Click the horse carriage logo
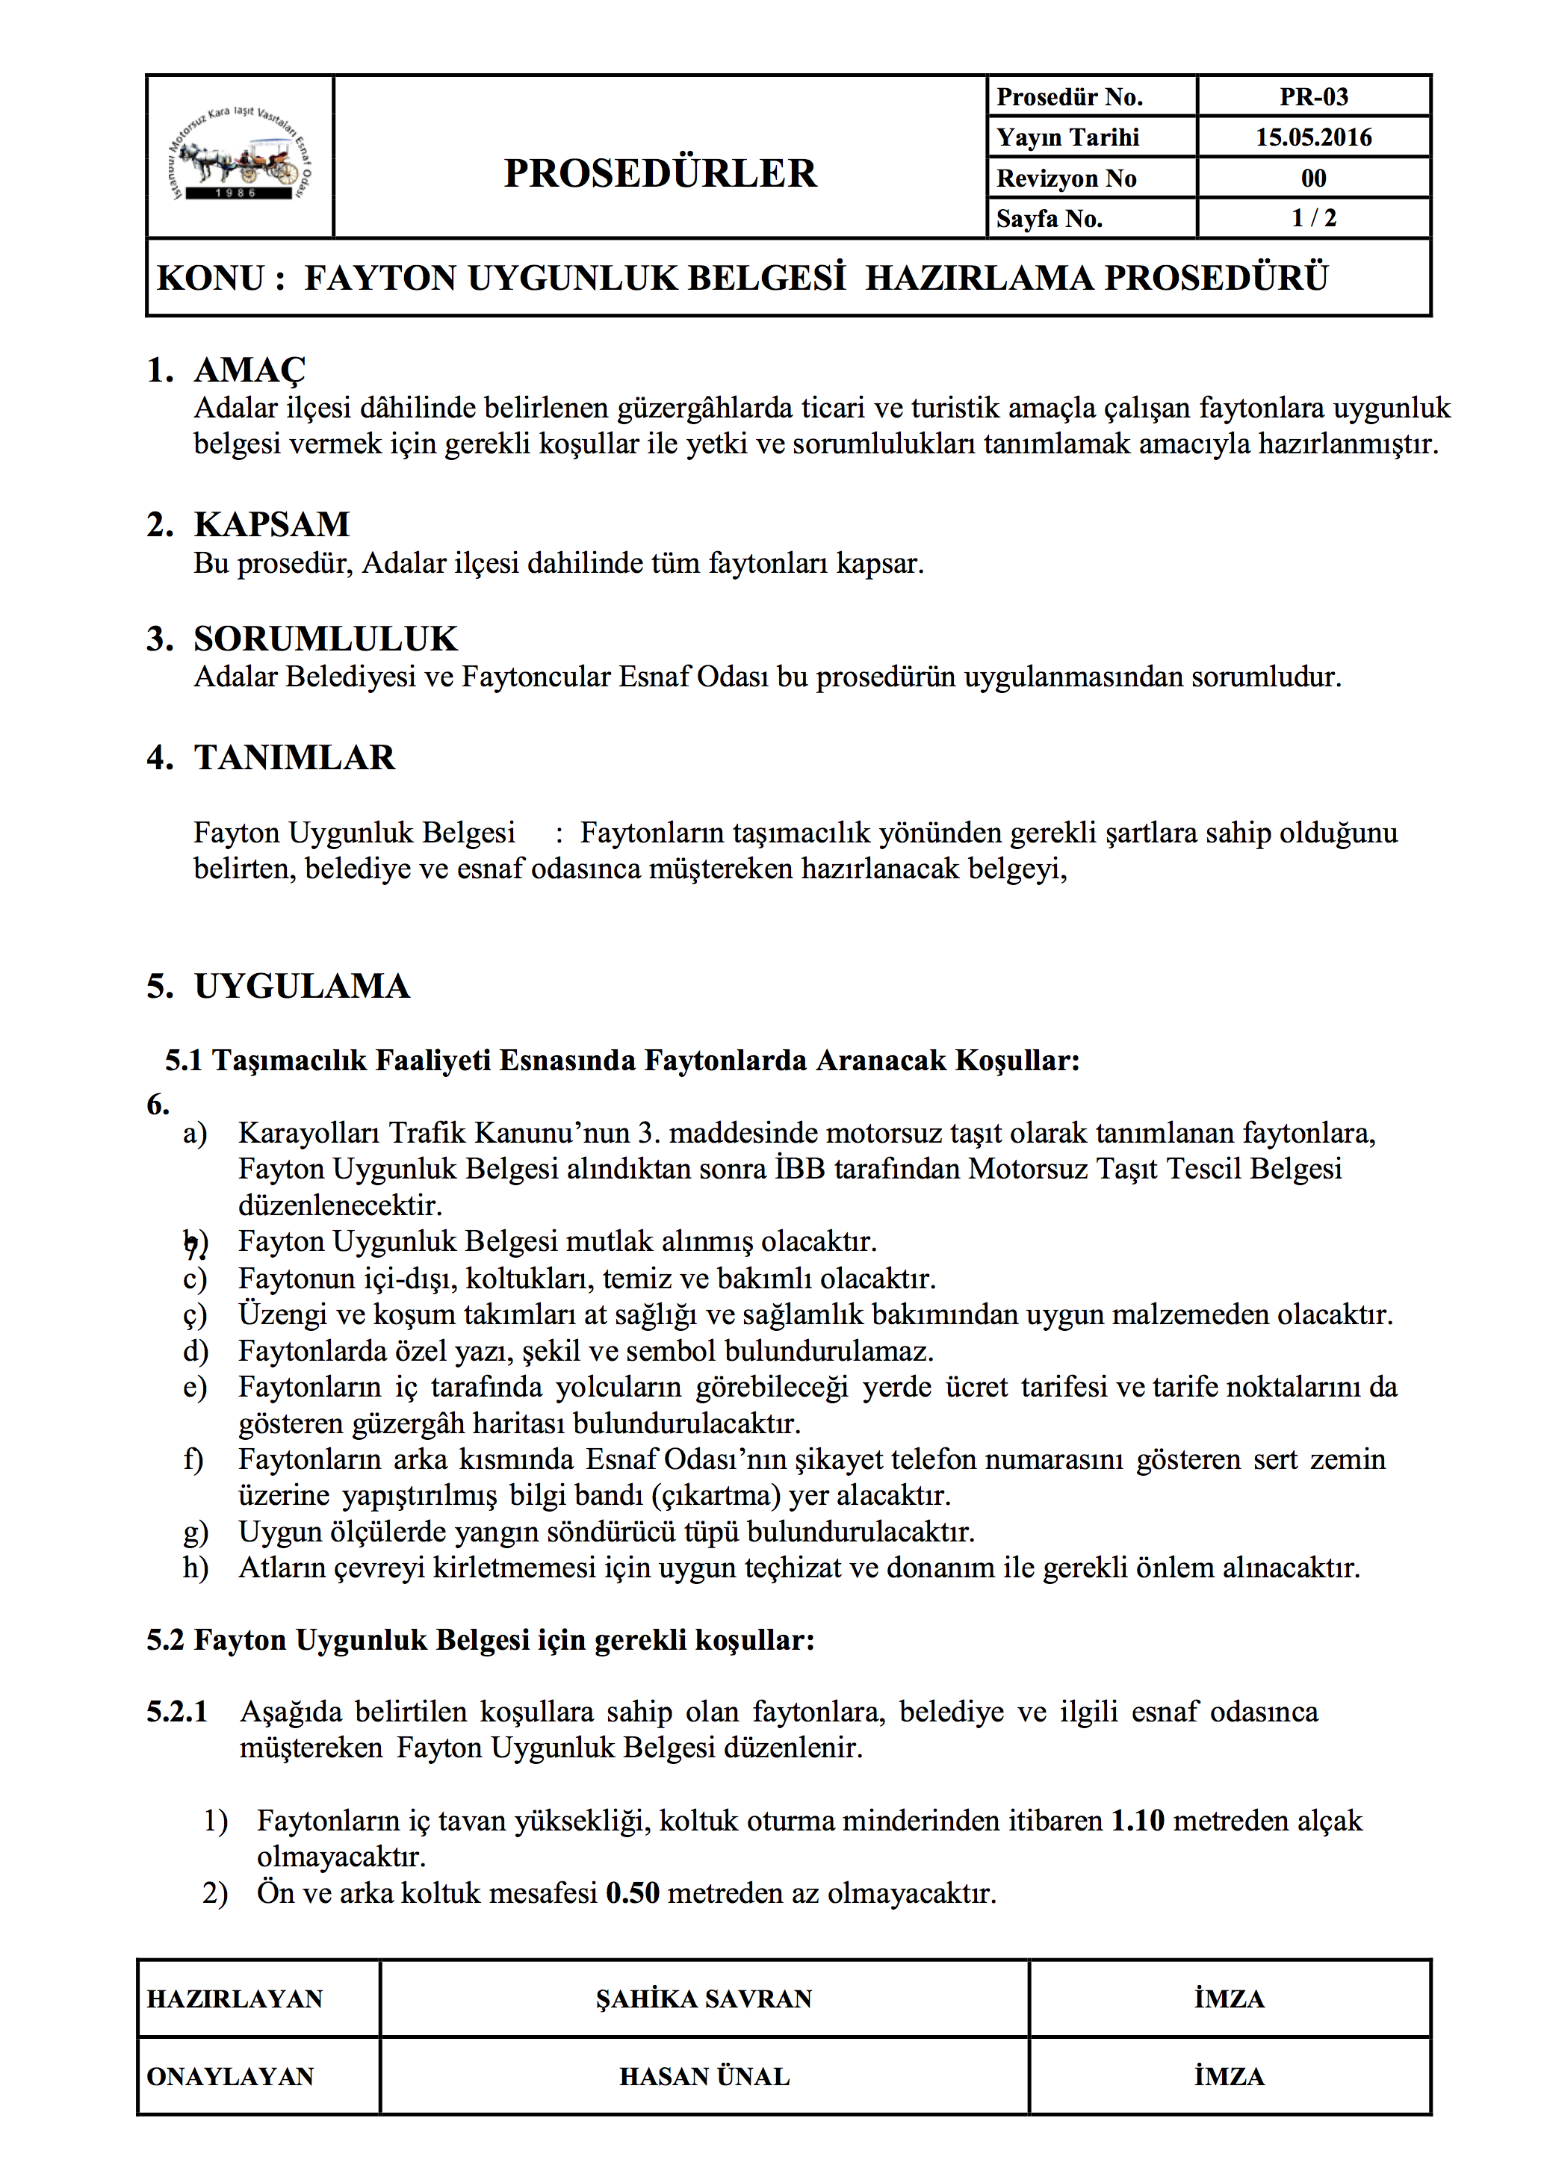(240, 157)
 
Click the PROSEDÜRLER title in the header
(660, 173)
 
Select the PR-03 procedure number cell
(1313, 97)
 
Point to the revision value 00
(1313, 178)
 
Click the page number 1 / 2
(1313, 219)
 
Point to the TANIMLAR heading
(295, 758)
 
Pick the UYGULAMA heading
(303, 987)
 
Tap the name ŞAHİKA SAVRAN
(704, 1999)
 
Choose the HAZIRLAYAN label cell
(235, 1999)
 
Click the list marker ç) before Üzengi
(195, 1316)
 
